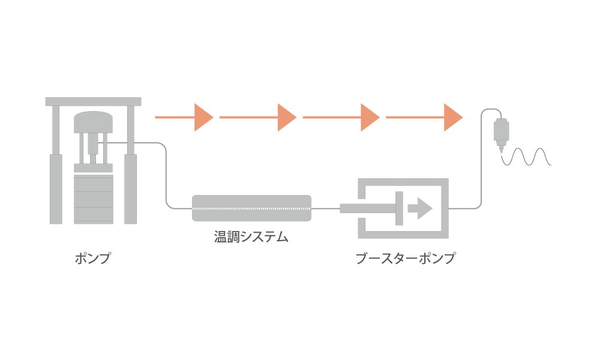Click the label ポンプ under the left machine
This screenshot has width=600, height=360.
tap(92, 258)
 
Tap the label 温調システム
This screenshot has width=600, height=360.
tap(251, 237)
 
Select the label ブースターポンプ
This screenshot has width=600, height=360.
tap(406, 258)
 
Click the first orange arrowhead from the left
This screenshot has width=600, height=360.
tap(203, 118)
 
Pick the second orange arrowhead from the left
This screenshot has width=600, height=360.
tap(287, 118)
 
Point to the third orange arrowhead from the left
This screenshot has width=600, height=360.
tap(370, 118)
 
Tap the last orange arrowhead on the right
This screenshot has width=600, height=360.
tap(453, 118)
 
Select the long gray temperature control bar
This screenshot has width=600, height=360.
tap(251, 208)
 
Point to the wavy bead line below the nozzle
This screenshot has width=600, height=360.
tap(526, 157)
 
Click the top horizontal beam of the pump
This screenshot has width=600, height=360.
tap(94, 101)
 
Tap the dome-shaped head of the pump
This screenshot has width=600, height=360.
tap(94, 122)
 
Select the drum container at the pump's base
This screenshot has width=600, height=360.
tap(94, 199)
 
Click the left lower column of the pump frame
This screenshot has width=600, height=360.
tap(56, 189)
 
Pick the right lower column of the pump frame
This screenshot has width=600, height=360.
tap(130, 189)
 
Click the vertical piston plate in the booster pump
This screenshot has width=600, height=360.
tap(399, 209)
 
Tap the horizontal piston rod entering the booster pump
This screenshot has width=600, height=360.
tap(368, 209)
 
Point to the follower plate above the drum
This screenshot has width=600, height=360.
tap(94, 168)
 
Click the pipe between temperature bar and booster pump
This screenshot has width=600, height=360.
tap(326, 209)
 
